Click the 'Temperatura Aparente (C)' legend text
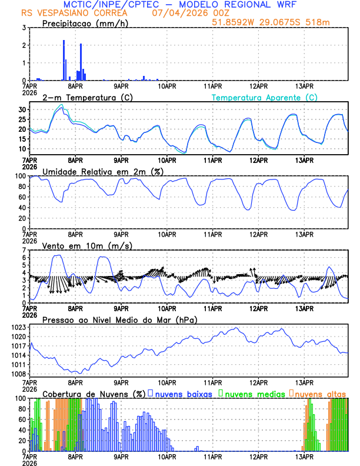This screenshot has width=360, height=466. pos(264,97)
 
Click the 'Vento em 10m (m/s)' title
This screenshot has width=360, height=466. pos(83,245)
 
